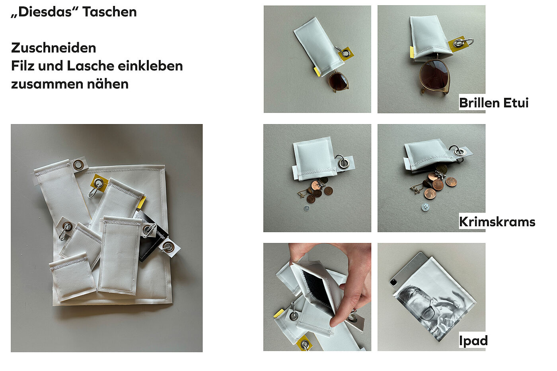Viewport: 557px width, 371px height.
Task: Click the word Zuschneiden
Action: (x=53, y=48)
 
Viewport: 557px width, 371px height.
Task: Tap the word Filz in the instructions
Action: (x=23, y=66)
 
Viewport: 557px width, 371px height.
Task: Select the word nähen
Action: (x=108, y=84)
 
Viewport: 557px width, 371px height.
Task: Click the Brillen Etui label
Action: (x=494, y=103)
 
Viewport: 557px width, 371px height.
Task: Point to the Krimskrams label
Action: (x=497, y=221)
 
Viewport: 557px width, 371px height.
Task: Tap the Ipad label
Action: (x=473, y=341)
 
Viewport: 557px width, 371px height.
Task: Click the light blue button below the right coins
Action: (x=425, y=207)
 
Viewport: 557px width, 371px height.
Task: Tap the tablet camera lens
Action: (x=393, y=282)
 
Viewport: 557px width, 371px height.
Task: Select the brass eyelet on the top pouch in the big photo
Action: (x=78, y=164)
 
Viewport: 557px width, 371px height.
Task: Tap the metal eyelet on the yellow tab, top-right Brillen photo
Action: (x=457, y=44)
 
